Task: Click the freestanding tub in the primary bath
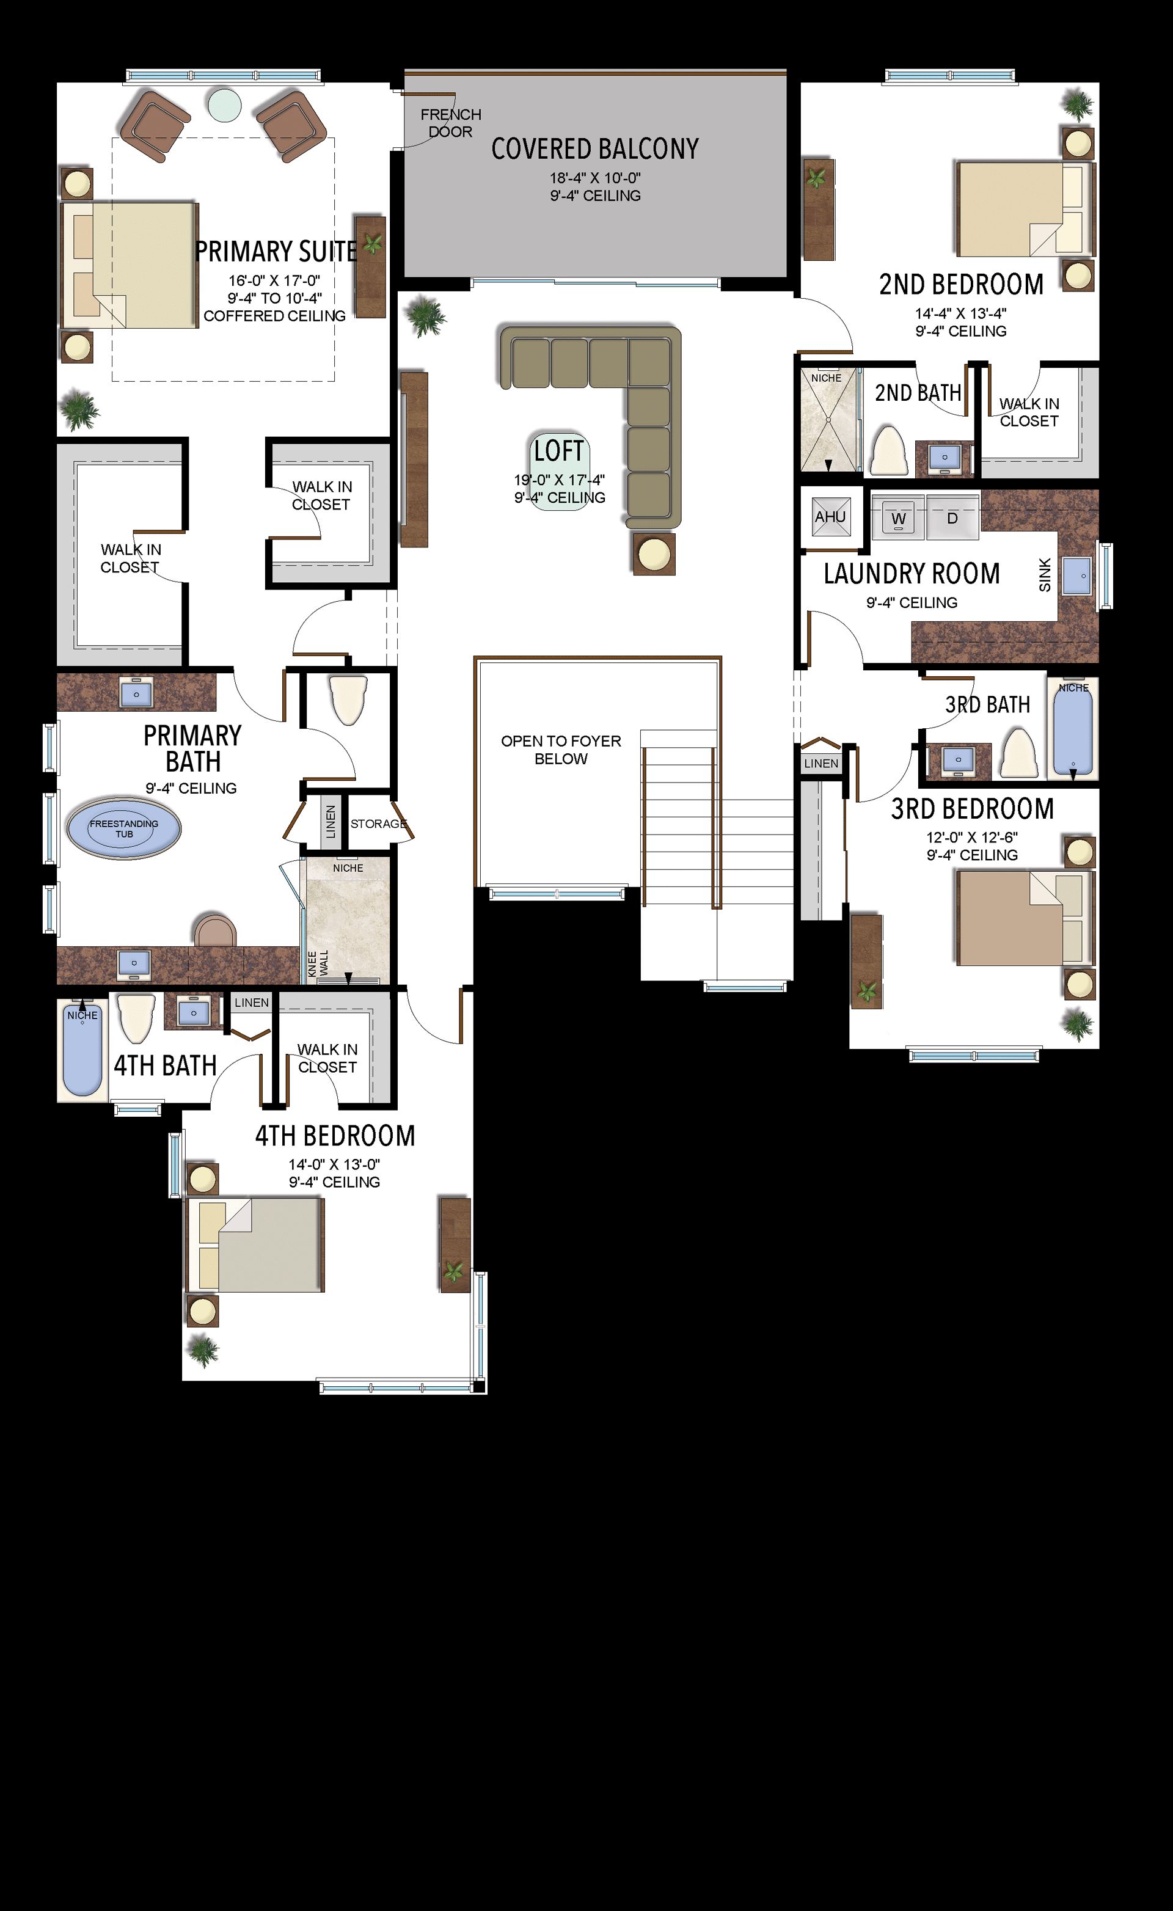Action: pos(124,828)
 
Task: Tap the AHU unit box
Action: pos(831,516)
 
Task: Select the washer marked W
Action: pos(898,516)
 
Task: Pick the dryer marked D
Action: pos(952,516)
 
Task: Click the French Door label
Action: pos(451,123)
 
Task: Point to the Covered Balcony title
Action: pos(595,148)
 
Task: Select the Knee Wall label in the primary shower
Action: pos(318,963)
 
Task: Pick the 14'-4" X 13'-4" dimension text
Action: pos(960,313)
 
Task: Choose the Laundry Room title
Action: pos(912,574)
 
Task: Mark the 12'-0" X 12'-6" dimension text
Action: pos(971,838)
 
